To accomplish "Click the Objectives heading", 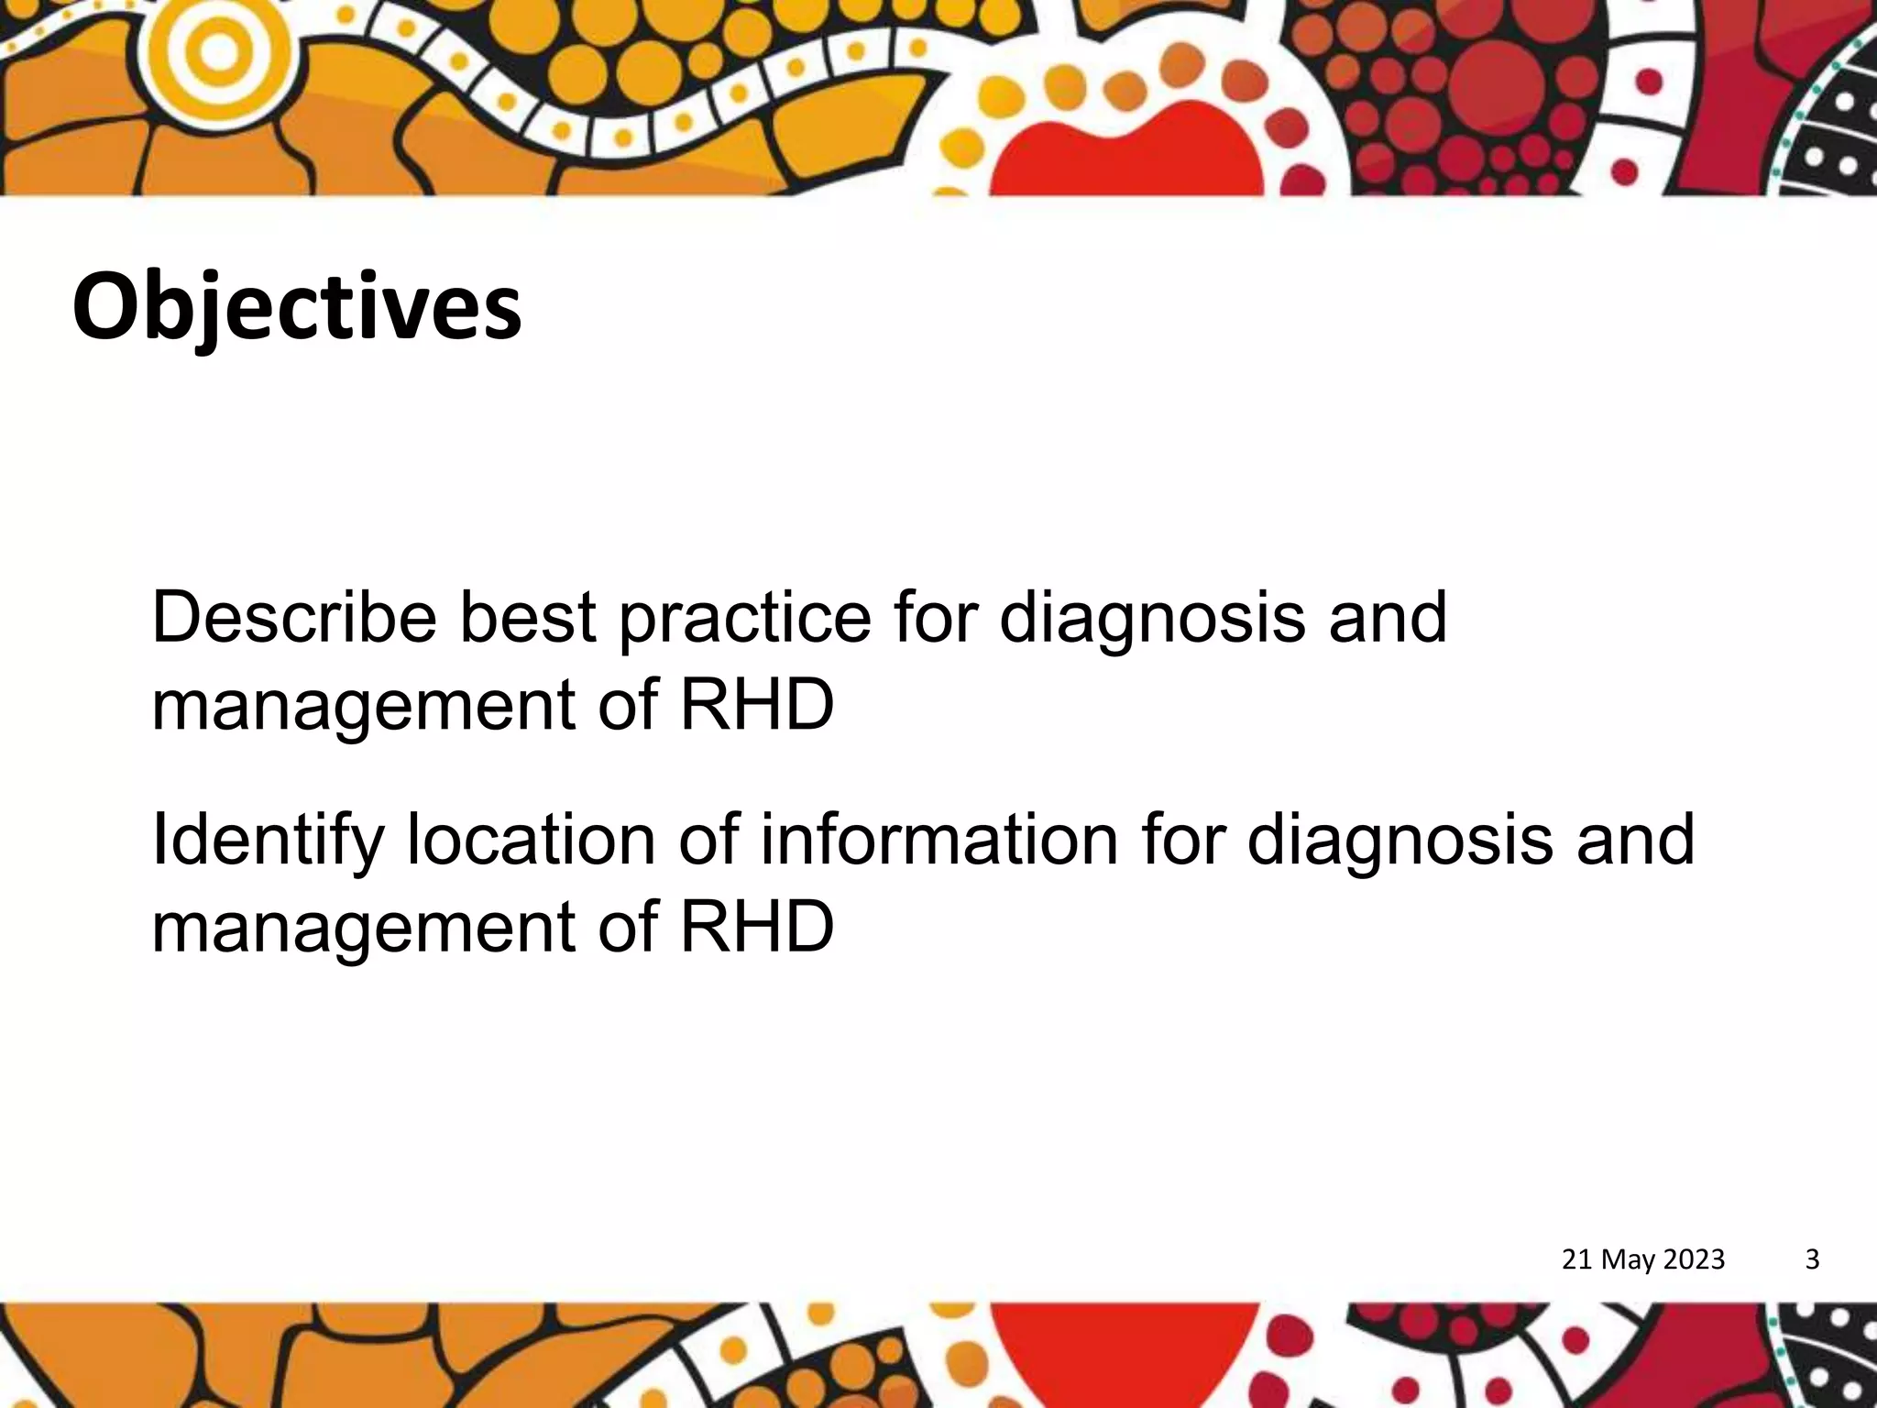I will pyautogui.click(x=297, y=307).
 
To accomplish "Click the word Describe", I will pyautogui.click(x=293, y=617).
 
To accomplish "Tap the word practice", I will pyautogui.click(x=744, y=617).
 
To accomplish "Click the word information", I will pyautogui.click(x=939, y=840).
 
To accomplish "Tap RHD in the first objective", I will pyautogui.click(x=757, y=704).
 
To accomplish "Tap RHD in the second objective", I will pyautogui.click(x=757, y=927).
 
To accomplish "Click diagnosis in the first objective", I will pyautogui.click(x=1152, y=617).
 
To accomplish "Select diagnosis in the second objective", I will pyautogui.click(x=1400, y=840).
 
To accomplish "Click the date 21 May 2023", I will pyautogui.click(x=1642, y=1259).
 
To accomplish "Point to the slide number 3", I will pyautogui.click(x=1811, y=1259).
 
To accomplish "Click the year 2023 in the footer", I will pyautogui.click(x=1693, y=1259).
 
